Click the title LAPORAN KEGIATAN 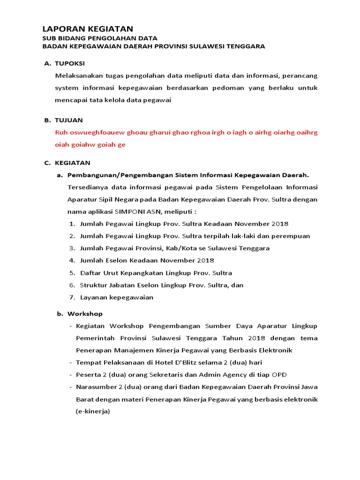pyautogui.click(x=88, y=29)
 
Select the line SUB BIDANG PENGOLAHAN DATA pyautogui.click(x=100, y=38)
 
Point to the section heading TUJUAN pyautogui.click(x=69, y=120)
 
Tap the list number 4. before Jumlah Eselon pyautogui.click(x=72, y=260)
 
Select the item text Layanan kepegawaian pyautogui.click(x=117, y=297)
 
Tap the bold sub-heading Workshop pyautogui.click(x=85, y=314)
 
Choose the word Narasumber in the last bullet pyautogui.click(x=96, y=387)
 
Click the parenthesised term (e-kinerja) pyautogui.click(x=92, y=411)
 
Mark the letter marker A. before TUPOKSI pyautogui.click(x=47, y=63)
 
